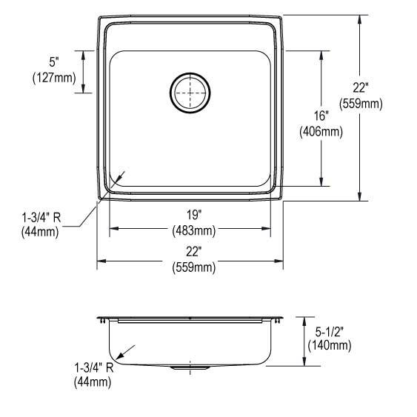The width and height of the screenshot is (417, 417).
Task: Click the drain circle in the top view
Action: point(190,92)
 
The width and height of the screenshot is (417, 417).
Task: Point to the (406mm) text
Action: point(321,133)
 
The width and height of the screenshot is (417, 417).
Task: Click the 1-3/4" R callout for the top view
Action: point(41,218)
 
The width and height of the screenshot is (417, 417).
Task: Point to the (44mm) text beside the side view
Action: point(92,381)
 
